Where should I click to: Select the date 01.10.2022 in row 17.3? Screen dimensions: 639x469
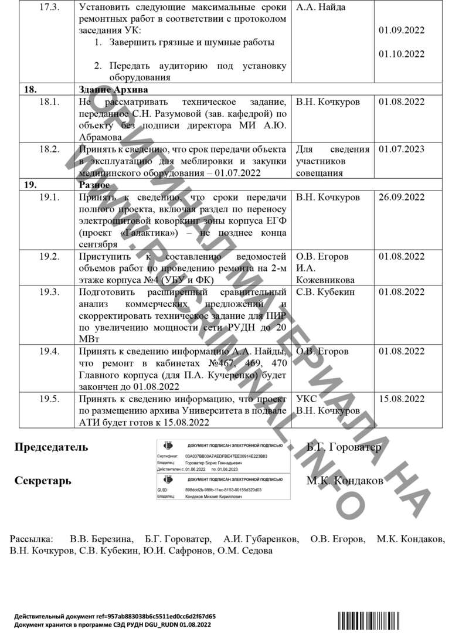pyautogui.click(x=402, y=54)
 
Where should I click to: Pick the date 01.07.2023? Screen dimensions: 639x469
pyautogui.click(x=402, y=149)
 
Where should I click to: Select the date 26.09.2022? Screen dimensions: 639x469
pyautogui.click(x=402, y=197)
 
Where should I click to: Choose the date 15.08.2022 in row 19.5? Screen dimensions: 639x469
pyautogui.click(x=402, y=399)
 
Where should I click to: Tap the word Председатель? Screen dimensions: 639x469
pyautogui.click(x=51, y=447)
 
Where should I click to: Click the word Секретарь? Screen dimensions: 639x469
pyautogui.click(x=43, y=481)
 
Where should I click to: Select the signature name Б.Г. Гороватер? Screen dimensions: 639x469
pyautogui.click(x=344, y=447)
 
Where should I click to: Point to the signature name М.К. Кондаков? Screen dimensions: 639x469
pyautogui.click(x=345, y=481)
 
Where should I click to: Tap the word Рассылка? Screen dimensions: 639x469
pyautogui.click(x=31, y=538)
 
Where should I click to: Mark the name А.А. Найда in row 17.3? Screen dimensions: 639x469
pyautogui.click(x=321, y=8)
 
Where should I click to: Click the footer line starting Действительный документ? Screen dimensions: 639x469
pyautogui.click(x=115, y=616)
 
